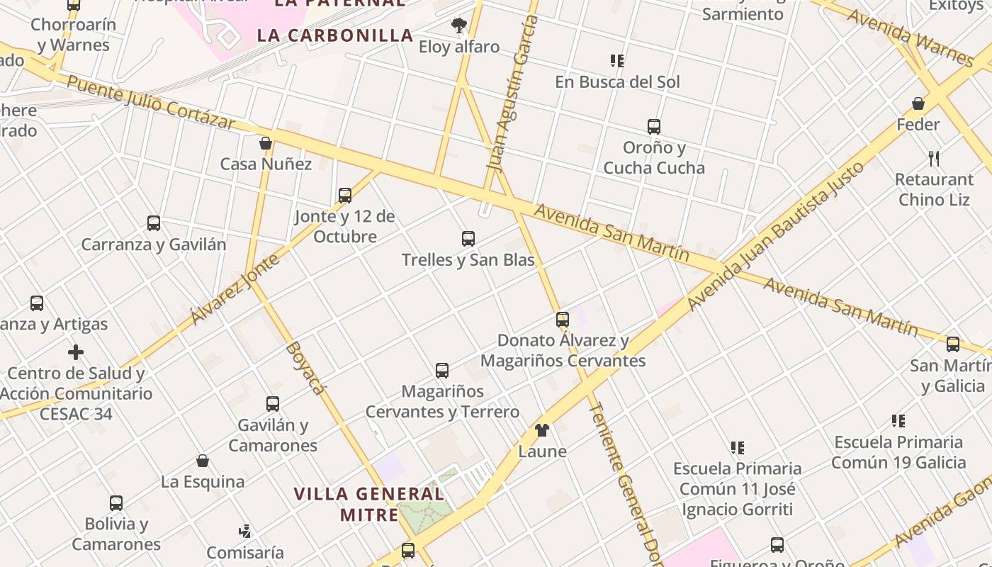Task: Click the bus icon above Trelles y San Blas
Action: click(468, 239)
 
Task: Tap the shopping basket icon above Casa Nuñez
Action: click(266, 143)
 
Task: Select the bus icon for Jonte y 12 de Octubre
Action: click(345, 195)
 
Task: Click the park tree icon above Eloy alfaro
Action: click(459, 26)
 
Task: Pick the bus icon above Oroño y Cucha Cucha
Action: click(654, 127)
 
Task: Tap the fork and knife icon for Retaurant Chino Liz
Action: click(934, 158)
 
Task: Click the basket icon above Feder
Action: click(918, 103)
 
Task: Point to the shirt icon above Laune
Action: click(542, 430)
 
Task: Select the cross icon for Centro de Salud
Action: click(76, 352)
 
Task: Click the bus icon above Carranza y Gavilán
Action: click(154, 223)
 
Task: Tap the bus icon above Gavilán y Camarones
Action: click(273, 404)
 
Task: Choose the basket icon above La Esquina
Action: click(203, 461)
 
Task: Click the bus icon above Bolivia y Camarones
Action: click(116, 503)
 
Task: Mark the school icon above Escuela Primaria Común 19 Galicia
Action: click(898, 421)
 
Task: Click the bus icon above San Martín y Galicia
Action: click(953, 344)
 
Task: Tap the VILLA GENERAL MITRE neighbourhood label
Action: click(369, 504)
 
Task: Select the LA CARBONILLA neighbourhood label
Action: click(335, 35)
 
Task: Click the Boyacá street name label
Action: click(306, 368)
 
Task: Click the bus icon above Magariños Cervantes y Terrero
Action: click(442, 370)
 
